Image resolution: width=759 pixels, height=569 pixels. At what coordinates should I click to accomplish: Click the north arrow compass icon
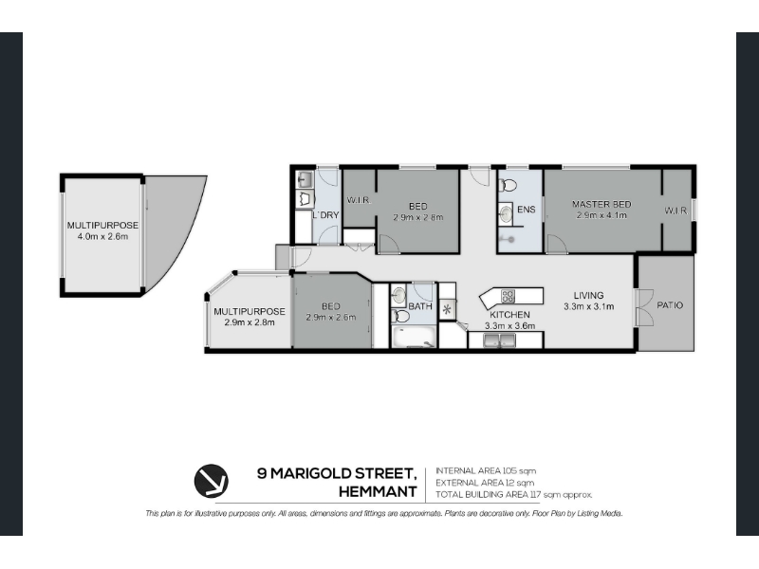211,481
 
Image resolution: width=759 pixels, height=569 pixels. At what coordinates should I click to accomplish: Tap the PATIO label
670,305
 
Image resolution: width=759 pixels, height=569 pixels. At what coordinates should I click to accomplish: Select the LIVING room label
588,295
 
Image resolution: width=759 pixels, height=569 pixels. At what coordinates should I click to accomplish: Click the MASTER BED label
602,204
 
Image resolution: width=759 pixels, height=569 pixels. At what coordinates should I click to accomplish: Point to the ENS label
527,210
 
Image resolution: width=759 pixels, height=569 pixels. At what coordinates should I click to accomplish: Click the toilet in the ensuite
508,185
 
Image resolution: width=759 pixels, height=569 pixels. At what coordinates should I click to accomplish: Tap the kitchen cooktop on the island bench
509,296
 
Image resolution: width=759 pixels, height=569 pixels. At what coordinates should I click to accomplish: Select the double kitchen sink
499,340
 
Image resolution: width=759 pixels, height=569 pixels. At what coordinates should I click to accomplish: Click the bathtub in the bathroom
414,338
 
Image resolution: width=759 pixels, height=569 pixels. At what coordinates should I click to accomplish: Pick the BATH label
420,306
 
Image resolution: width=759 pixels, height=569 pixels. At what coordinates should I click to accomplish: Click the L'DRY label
325,215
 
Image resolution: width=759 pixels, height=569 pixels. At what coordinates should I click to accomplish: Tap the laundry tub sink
305,180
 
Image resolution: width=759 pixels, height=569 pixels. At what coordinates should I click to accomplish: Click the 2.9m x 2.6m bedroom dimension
330,318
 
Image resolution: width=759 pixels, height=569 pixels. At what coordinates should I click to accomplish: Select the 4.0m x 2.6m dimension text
102,236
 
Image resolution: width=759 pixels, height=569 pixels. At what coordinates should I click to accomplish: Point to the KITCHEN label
509,315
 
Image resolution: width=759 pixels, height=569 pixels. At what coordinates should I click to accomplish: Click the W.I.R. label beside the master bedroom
676,211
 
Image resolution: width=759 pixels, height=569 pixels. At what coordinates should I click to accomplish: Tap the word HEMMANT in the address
378,491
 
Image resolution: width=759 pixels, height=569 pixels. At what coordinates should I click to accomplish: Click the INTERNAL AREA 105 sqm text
486,470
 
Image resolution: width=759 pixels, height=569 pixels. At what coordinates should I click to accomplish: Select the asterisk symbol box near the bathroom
447,309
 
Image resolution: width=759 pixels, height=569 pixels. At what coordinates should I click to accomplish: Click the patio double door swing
646,307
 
